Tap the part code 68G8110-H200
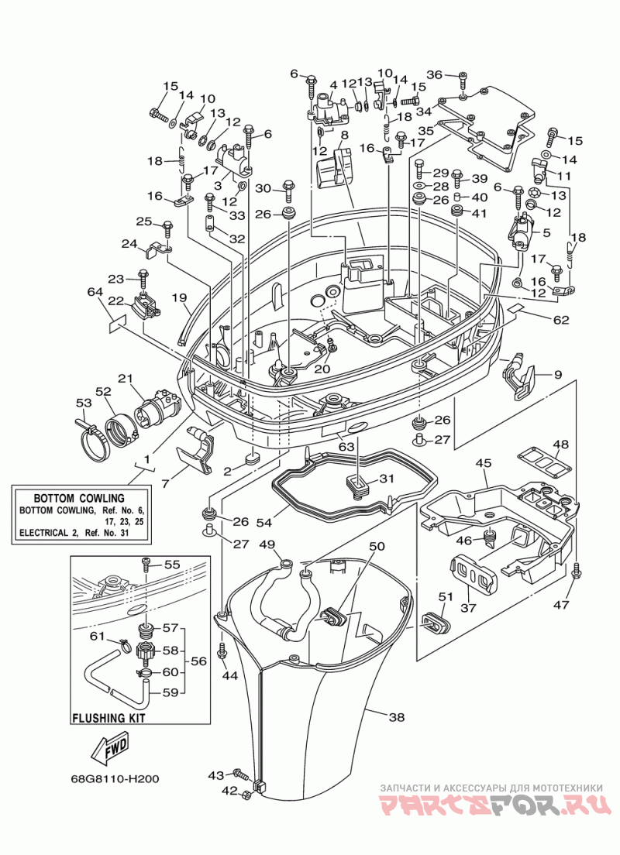click(x=115, y=778)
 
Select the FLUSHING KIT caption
click(x=109, y=718)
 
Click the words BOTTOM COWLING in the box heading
click(x=79, y=498)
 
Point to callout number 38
click(x=397, y=717)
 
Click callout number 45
click(x=483, y=463)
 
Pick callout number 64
click(x=95, y=292)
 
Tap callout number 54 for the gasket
click(x=263, y=523)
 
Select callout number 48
click(x=560, y=445)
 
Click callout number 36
click(x=435, y=74)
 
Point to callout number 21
click(x=126, y=379)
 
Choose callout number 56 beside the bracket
click(x=198, y=661)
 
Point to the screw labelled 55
click(x=146, y=564)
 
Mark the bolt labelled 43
click(x=241, y=774)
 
